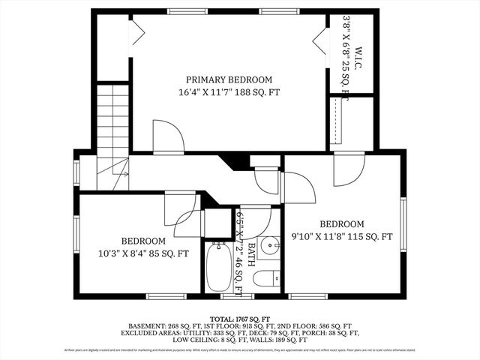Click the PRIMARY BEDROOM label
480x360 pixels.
coord(229,79)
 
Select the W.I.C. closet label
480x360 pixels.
coord(358,60)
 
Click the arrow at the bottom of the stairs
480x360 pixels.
coord(124,174)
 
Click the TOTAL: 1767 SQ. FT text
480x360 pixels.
coord(239,319)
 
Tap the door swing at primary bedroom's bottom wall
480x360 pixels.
coord(168,136)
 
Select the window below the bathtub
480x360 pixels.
coord(232,296)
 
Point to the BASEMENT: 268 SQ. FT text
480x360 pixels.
coord(159,326)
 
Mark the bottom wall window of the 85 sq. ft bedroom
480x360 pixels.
coord(166,296)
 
